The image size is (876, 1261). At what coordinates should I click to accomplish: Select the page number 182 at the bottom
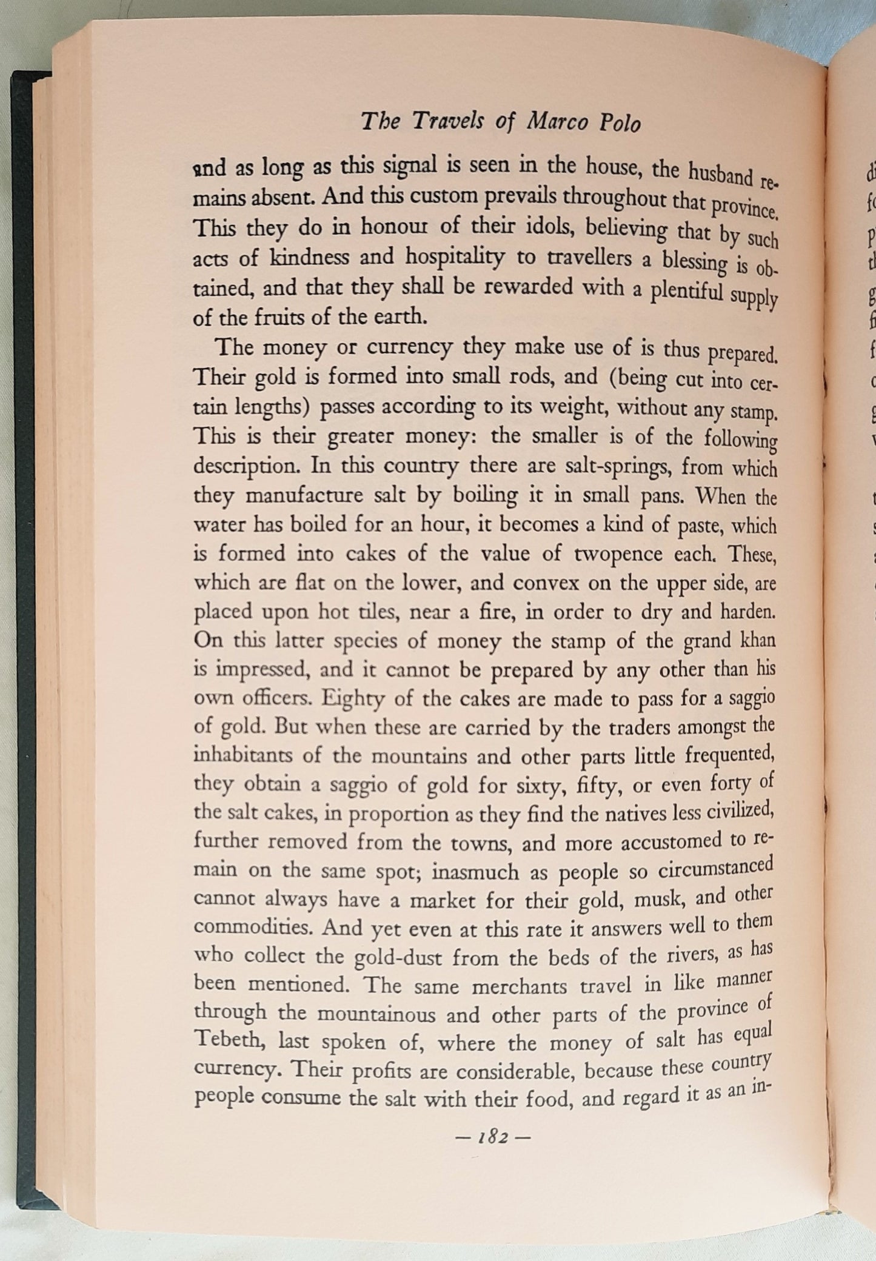coord(492,1137)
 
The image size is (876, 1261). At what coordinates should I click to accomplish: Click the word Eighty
coord(353,699)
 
